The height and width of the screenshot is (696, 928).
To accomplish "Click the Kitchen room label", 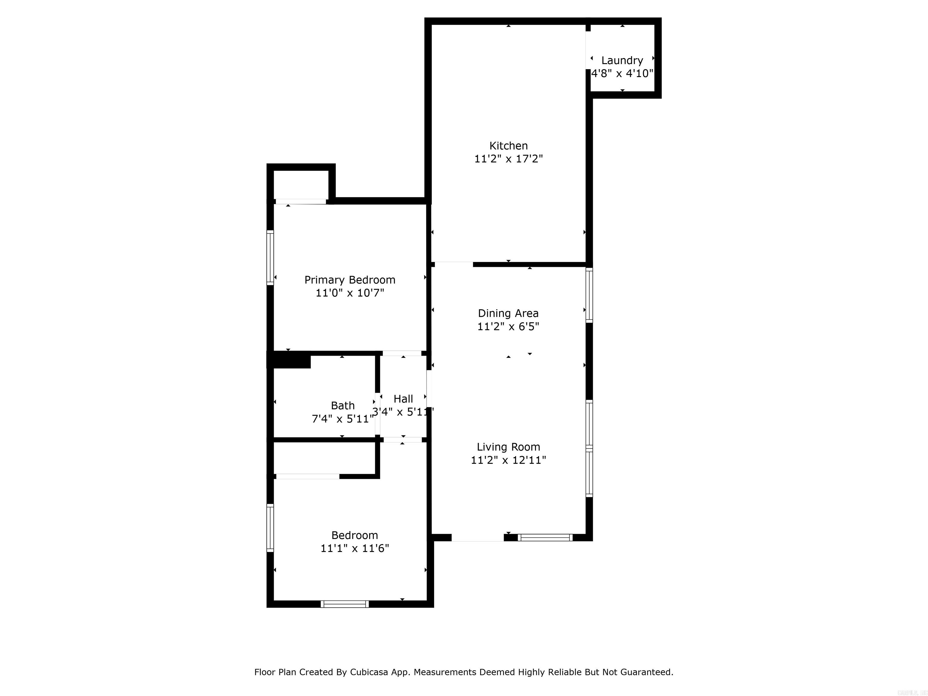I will (x=508, y=146).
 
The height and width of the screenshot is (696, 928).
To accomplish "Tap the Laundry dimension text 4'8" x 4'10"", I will (x=622, y=73).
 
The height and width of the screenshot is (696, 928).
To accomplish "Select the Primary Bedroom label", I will (x=350, y=280).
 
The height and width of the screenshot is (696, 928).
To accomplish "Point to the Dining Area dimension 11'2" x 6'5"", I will (x=508, y=326).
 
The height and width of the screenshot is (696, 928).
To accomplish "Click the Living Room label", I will (x=508, y=447).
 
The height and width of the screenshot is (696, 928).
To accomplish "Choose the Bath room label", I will (x=343, y=406).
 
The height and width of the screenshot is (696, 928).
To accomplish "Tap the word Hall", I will (x=403, y=398).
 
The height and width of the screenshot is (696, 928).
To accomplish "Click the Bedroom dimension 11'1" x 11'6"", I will (x=355, y=548).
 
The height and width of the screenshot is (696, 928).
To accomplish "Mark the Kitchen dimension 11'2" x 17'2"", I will (x=508, y=159).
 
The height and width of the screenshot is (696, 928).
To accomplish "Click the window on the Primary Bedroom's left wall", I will (x=270, y=258).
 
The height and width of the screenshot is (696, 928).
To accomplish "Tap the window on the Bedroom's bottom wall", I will (x=345, y=604).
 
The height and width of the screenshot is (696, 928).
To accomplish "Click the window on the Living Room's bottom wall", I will (x=545, y=537).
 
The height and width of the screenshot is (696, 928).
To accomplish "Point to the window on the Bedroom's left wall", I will (x=270, y=528).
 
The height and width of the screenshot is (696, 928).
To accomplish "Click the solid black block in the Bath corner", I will (x=289, y=361).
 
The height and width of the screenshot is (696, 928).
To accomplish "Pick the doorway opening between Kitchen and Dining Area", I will (x=454, y=264).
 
